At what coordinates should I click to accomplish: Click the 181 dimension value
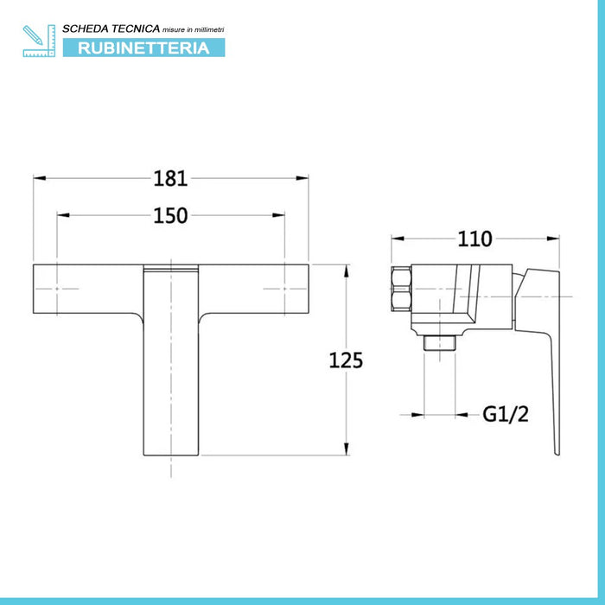(170, 179)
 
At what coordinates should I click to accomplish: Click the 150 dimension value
(170, 216)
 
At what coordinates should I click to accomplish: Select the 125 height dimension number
(346, 360)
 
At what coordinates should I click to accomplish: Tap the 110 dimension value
(474, 239)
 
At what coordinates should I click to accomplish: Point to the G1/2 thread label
(506, 414)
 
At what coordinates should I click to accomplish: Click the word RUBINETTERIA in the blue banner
(143, 48)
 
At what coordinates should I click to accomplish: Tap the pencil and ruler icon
(39, 41)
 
